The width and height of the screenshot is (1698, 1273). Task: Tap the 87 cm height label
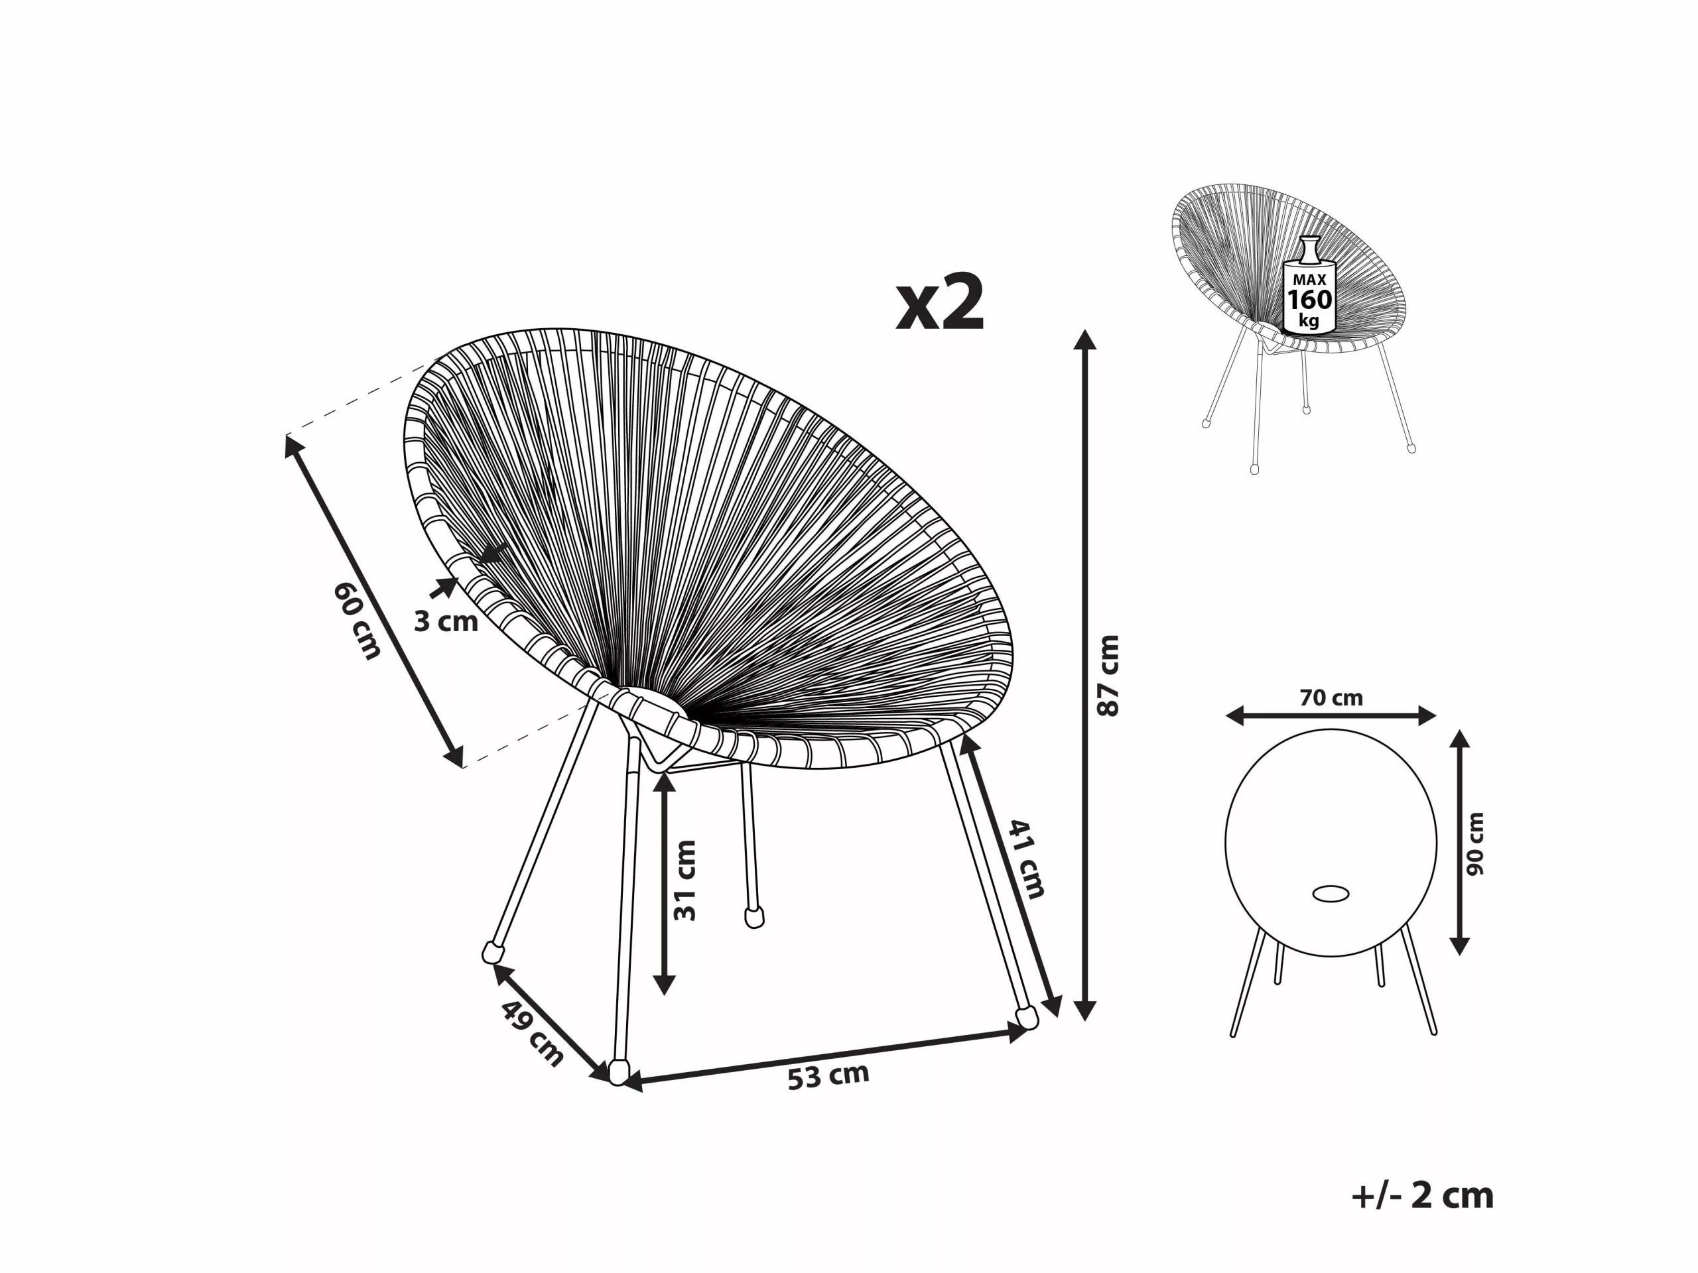(x=1108, y=675)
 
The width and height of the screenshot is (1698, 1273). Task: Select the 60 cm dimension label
(x=357, y=621)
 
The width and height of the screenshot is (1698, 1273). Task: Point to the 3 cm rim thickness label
(x=445, y=621)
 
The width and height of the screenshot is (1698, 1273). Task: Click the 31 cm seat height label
(x=684, y=880)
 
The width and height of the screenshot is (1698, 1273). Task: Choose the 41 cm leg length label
(x=1026, y=859)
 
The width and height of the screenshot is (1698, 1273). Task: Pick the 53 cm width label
(x=828, y=1077)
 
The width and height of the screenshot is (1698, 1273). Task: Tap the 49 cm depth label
(x=532, y=1034)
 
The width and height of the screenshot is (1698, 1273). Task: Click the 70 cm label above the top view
(x=1331, y=697)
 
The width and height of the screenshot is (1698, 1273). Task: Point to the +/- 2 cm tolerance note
(x=1423, y=1196)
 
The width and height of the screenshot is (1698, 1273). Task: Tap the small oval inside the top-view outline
(x=1331, y=894)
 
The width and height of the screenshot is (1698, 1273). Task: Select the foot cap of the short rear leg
(x=755, y=918)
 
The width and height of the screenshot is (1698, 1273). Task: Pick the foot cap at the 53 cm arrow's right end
(x=1026, y=1018)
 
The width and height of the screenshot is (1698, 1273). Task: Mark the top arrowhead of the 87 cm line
(x=1084, y=340)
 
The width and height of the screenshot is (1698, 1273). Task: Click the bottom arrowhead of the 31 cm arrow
(x=664, y=985)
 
